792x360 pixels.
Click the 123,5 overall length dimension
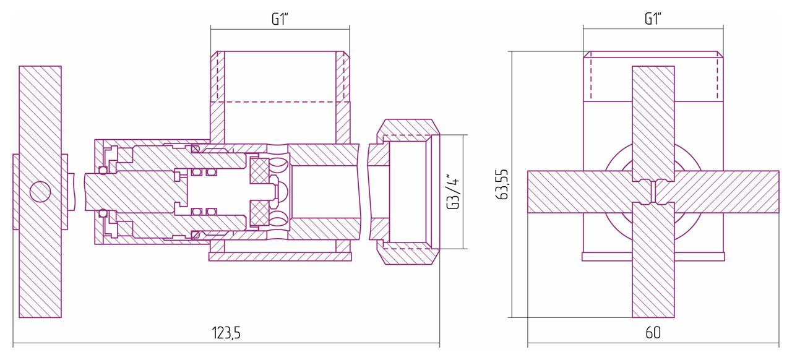226,333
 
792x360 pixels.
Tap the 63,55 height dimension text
502,184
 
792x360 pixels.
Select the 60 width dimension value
653,333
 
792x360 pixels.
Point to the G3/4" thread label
454,191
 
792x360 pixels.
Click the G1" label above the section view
280,19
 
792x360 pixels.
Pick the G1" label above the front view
653,19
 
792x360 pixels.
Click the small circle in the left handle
40,192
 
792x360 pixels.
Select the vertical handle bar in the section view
40,192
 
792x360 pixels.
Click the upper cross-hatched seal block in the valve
259,171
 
